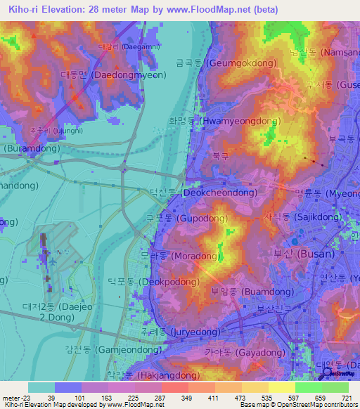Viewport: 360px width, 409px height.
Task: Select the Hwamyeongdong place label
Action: pyautogui.click(x=224, y=121)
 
